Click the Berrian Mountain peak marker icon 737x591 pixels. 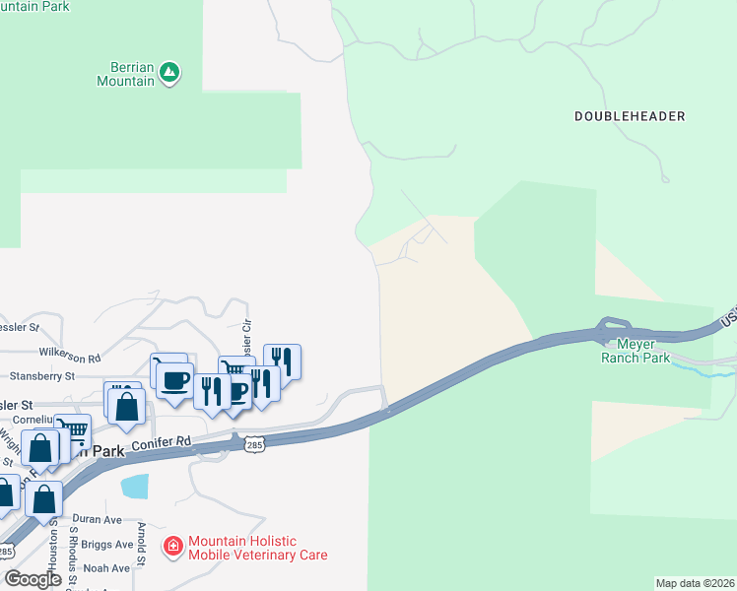[x=170, y=72]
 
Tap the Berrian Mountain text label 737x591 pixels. [x=125, y=74]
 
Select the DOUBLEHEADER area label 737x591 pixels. [x=629, y=116]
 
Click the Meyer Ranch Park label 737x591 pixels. [x=636, y=351]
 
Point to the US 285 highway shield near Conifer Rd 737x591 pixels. [x=254, y=445]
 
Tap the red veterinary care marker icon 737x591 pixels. [x=173, y=545]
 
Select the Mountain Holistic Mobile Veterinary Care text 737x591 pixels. [x=257, y=548]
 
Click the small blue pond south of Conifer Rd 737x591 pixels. [x=135, y=486]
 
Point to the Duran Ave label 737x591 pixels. [x=97, y=519]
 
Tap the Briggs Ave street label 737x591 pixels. [x=108, y=545]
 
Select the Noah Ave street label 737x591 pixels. [x=106, y=568]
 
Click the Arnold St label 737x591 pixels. [x=141, y=546]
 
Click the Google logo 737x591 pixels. [x=33, y=579]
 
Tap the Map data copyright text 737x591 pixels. [x=695, y=583]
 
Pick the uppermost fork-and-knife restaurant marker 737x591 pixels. [x=282, y=360]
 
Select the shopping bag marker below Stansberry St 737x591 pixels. [x=127, y=407]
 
